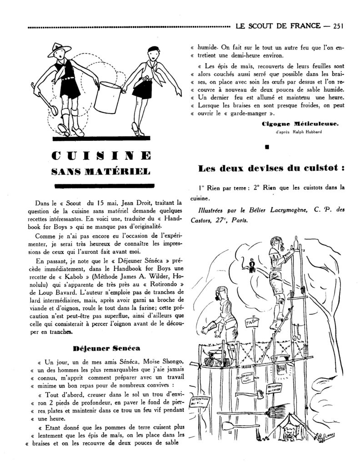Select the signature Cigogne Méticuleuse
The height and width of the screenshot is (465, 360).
299,124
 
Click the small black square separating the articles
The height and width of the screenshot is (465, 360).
267,147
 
